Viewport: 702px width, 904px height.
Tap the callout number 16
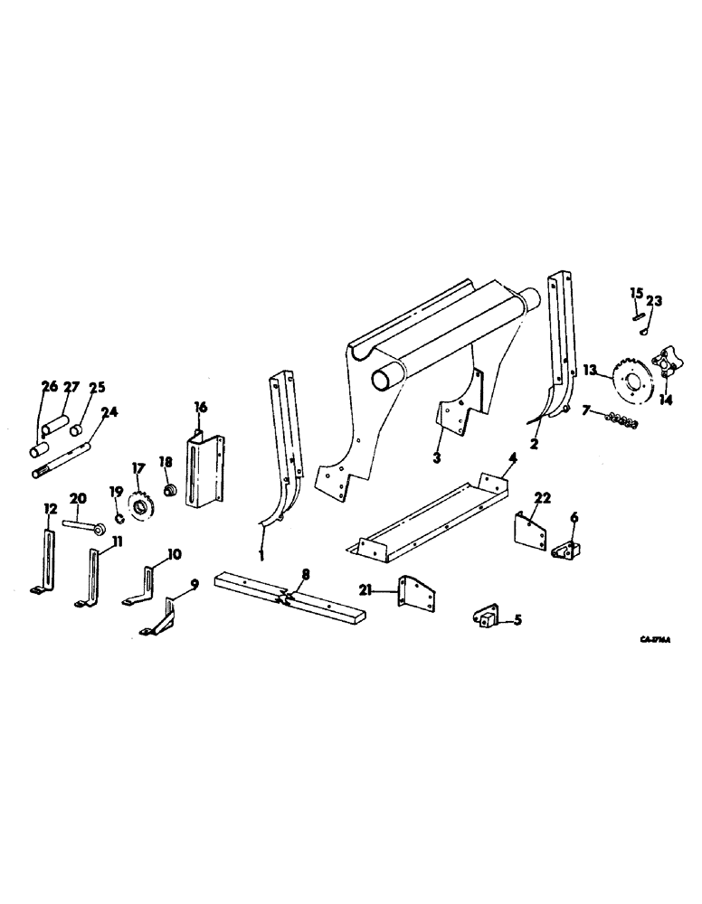pos(199,408)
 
